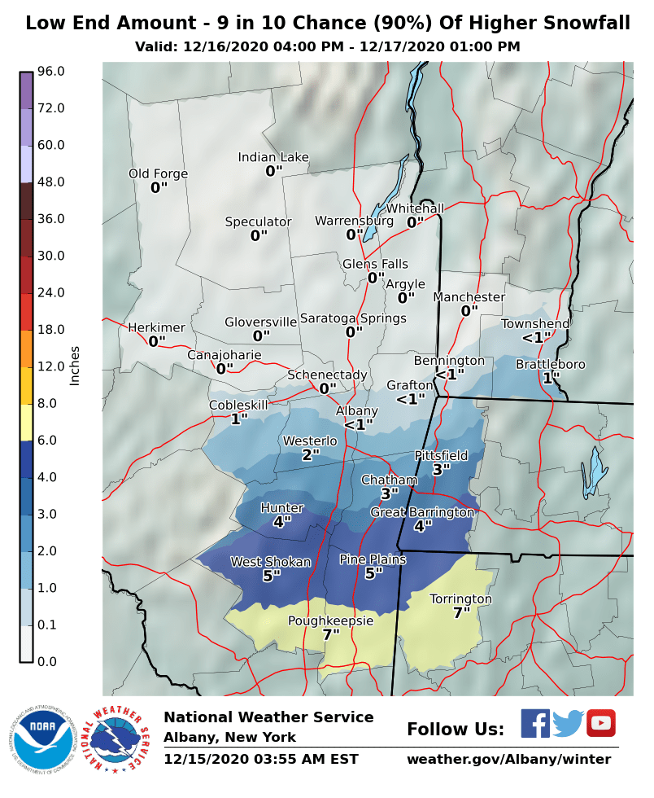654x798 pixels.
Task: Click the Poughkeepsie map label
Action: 330,620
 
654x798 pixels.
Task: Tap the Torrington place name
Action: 460,598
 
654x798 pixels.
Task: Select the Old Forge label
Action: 158,173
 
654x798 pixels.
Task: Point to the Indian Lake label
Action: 273,157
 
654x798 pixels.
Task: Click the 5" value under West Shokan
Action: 271,575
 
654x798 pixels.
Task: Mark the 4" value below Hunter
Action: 281,521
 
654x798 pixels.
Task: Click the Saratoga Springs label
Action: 353,318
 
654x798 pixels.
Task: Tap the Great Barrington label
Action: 421,512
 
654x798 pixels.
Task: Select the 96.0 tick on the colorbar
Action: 50,72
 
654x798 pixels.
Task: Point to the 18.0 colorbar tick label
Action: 50,329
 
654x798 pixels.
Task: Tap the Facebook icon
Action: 534,723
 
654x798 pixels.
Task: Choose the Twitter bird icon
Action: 569,723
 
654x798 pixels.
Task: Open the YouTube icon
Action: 601,723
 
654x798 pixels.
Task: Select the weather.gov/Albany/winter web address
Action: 508,759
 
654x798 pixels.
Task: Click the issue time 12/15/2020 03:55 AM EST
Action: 260,759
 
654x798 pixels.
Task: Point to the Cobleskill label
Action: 238,405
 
